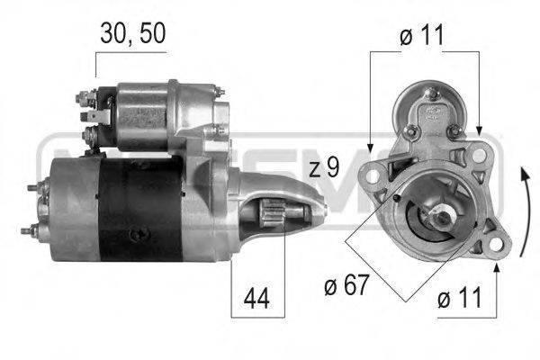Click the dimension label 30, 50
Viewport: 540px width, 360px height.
[133, 34]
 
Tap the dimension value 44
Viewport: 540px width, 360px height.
[256, 298]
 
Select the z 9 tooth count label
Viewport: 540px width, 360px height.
[324, 167]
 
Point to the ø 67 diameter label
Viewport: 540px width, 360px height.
[346, 284]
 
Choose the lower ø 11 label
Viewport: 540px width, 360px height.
[459, 298]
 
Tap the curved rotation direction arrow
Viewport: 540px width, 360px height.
[526, 211]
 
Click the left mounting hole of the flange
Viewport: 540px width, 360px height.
[373, 176]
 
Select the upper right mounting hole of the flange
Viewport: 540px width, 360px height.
[478, 156]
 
